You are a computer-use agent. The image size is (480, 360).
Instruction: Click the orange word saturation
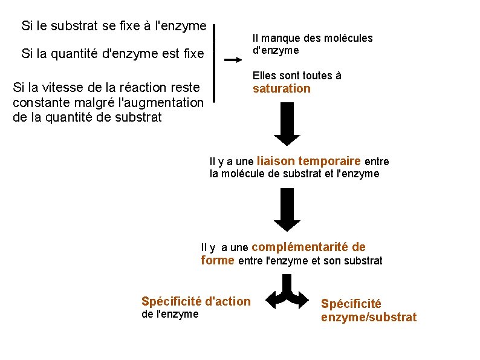click(281, 89)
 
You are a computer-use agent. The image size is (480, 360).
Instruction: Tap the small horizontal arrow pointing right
click(233, 60)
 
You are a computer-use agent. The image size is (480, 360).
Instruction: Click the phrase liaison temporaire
click(309, 161)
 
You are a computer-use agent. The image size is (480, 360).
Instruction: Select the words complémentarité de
click(308, 247)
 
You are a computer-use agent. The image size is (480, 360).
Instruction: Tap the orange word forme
click(217, 260)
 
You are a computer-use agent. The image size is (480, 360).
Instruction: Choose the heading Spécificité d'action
click(195, 301)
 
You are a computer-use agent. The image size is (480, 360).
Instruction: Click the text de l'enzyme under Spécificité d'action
click(169, 313)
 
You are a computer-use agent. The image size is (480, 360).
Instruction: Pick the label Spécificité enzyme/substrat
click(368, 310)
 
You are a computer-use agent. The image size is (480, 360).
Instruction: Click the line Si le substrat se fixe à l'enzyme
click(114, 26)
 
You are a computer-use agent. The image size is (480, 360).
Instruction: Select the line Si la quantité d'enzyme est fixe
click(112, 54)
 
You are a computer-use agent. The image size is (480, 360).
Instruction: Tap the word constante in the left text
click(41, 102)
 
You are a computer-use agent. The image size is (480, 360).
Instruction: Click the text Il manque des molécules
click(312, 38)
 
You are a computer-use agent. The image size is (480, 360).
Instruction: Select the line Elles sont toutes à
click(297, 76)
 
